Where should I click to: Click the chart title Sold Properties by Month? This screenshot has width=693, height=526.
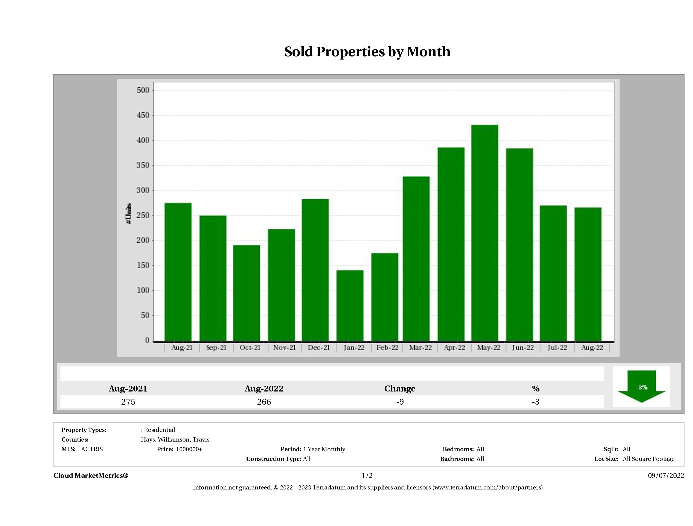coord(367,52)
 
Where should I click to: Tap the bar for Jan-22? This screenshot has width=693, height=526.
coord(350,305)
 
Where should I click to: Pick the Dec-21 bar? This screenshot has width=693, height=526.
coord(315,270)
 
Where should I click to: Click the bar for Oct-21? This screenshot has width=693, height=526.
coord(247,293)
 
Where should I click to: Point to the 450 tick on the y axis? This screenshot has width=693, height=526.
coord(143,115)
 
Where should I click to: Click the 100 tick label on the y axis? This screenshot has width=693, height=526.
coord(143,290)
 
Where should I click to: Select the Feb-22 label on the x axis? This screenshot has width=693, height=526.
coord(388,348)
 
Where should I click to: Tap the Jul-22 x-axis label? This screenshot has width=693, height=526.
coord(557,348)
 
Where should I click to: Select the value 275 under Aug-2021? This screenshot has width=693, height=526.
coord(128,402)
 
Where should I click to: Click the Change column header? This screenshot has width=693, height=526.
coord(400,389)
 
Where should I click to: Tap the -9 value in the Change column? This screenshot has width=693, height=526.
coord(400,402)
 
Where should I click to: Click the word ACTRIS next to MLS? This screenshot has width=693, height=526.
coord(92,449)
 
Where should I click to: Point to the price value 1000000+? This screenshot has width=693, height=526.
coord(189,449)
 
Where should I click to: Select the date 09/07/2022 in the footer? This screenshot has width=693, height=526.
coord(666,476)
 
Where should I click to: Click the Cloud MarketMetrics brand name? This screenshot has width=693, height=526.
coord(91,476)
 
